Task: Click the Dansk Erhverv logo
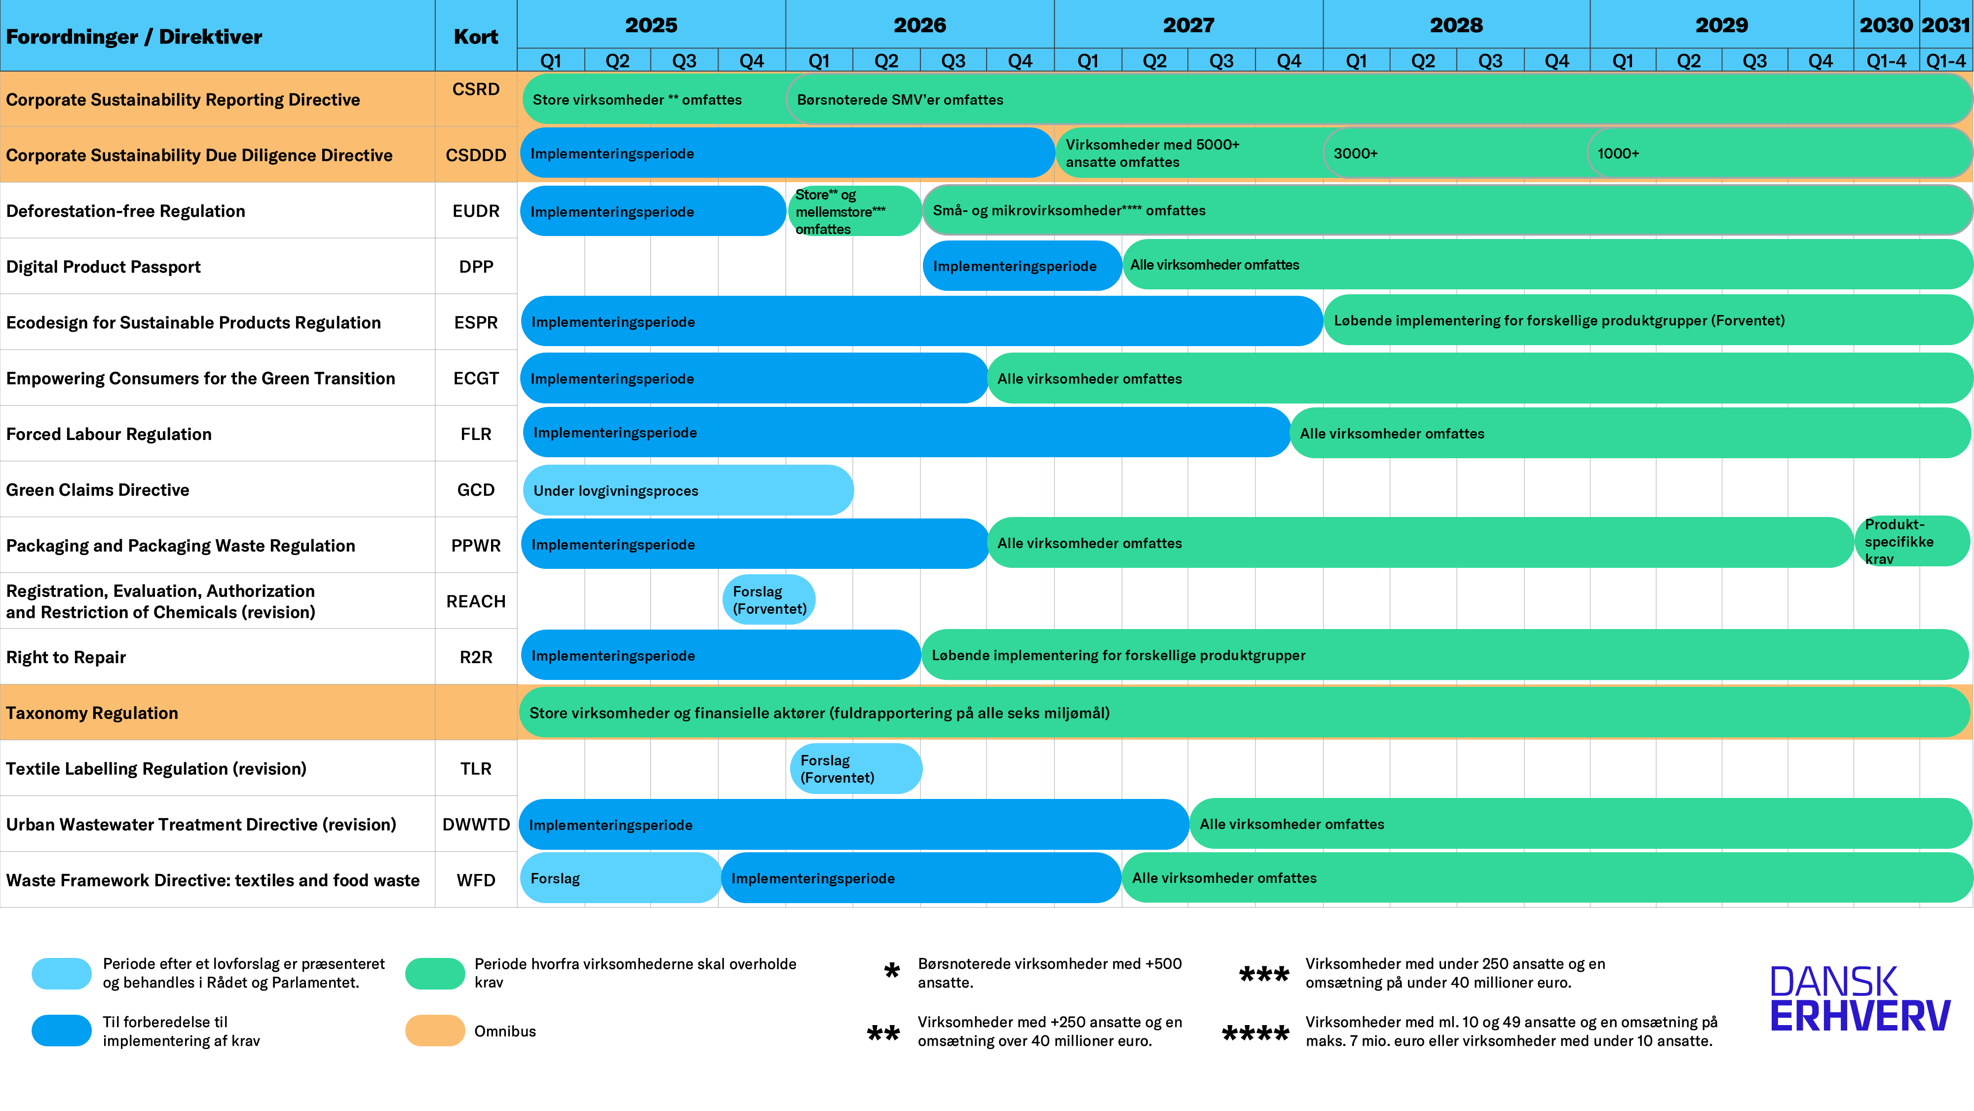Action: [1860, 999]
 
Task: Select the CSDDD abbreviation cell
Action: [476, 155]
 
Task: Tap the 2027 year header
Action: [1188, 25]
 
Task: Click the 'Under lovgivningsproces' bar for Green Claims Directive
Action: [687, 490]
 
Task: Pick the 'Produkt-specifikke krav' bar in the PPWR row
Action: [1912, 541]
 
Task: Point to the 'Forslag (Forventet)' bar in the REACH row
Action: [768, 599]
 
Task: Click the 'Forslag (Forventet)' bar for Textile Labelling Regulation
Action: [855, 768]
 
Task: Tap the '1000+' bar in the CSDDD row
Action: [1778, 154]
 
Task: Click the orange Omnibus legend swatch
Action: [434, 1031]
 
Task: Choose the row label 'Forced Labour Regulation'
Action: [109, 434]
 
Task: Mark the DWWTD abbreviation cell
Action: [476, 824]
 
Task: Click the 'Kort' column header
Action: [476, 37]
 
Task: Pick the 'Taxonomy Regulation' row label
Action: [92, 713]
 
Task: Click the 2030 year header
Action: [1886, 25]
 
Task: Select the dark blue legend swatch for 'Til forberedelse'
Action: [61, 1031]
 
